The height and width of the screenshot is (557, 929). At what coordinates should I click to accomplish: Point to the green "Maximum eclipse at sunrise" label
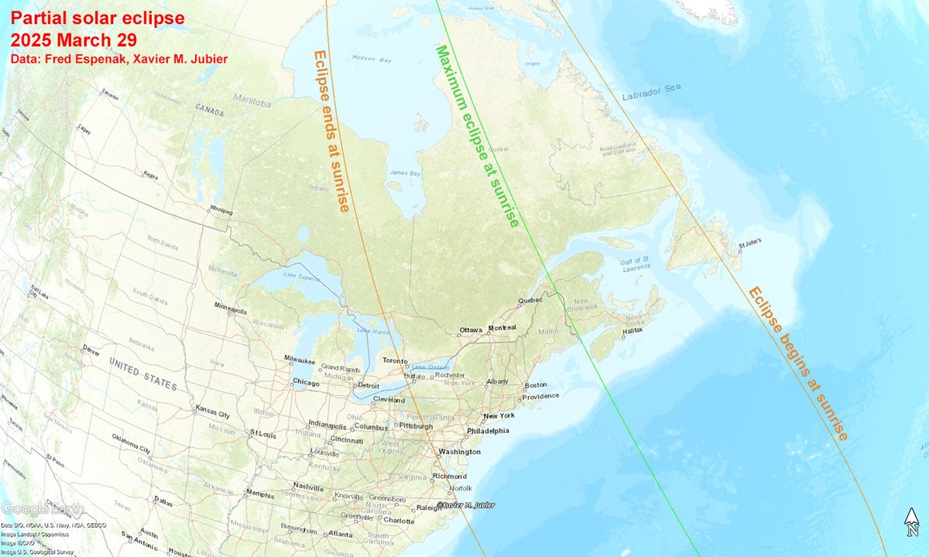pos(476,135)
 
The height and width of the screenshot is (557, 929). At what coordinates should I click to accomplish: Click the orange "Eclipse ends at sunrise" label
pos(331,132)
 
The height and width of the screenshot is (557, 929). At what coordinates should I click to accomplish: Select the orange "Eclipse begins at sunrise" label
pos(797,364)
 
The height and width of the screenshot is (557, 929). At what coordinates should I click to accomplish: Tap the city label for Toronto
pos(396,361)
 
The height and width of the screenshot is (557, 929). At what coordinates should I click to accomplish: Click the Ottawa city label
pos(471,330)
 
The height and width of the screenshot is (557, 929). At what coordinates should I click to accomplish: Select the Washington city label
pos(459,452)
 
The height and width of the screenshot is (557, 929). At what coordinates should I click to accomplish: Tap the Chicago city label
pos(306,382)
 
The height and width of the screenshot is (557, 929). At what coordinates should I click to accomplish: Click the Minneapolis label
pos(231,311)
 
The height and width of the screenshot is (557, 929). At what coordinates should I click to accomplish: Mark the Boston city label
pos(536,384)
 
